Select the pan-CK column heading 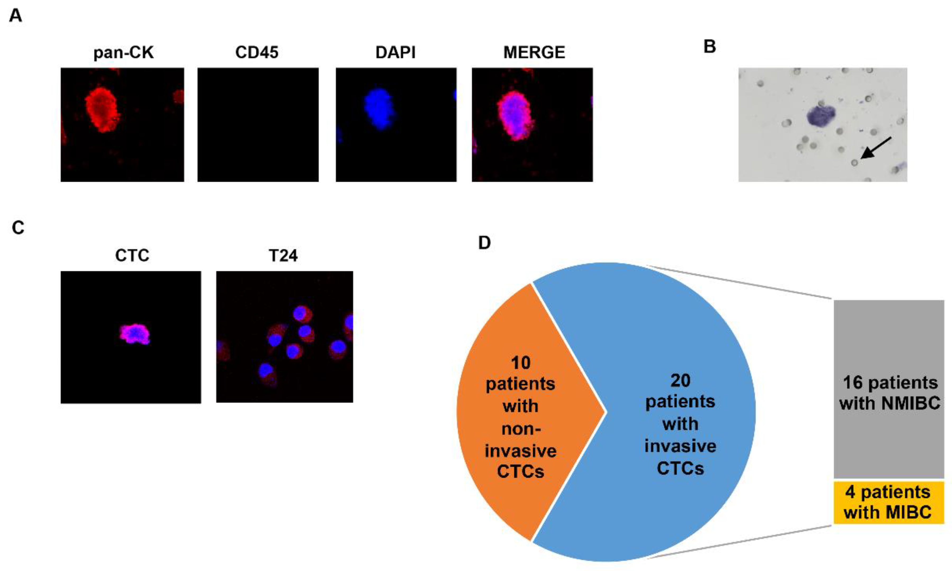click(x=124, y=52)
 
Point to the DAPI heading click(x=395, y=52)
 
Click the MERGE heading click(x=534, y=52)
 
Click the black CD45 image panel click(x=258, y=125)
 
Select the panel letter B click(x=710, y=47)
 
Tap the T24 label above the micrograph click(x=283, y=255)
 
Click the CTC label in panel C click(x=132, y=255)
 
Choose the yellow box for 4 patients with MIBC click(x=888, y=502)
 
